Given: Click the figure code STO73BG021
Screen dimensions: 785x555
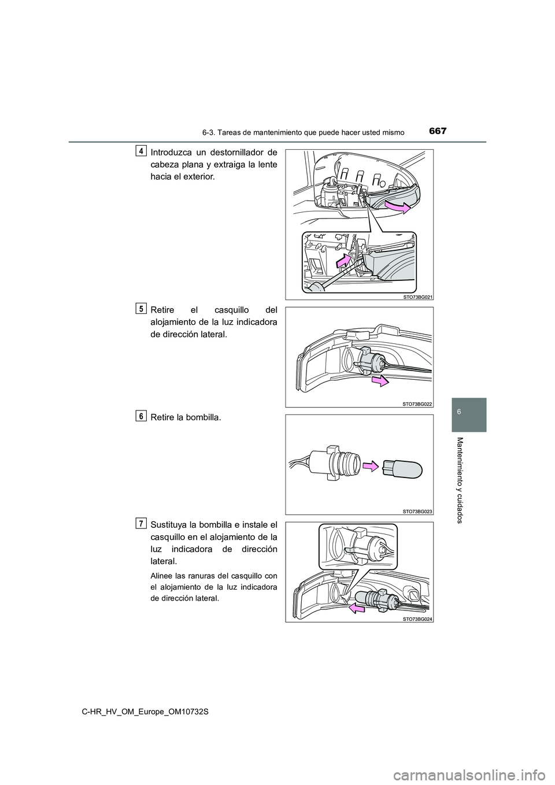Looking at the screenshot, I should pos(418,296).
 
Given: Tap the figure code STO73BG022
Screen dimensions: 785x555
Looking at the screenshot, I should pos(418,403).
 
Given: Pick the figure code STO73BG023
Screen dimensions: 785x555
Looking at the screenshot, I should pos(418,511).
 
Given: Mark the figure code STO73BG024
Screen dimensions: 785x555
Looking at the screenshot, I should pos(418,618).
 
